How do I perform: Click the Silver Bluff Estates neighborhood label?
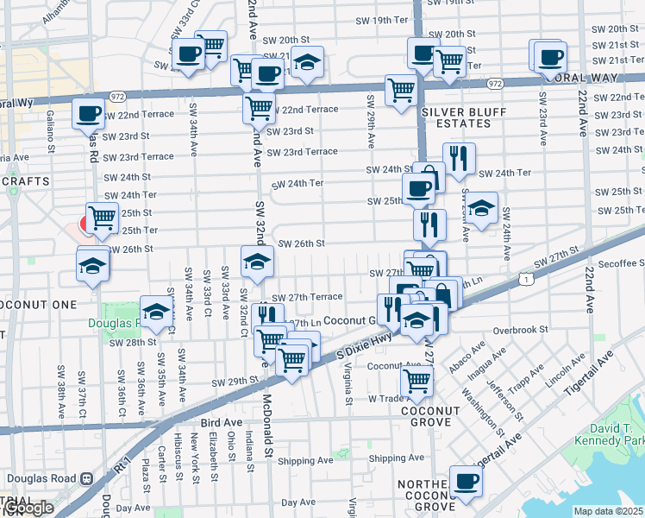456,118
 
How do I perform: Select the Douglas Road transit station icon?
86,478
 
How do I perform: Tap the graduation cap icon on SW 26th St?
256,262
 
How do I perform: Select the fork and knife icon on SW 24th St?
459,157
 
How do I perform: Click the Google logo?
28,508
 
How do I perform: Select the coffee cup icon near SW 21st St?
549,57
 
